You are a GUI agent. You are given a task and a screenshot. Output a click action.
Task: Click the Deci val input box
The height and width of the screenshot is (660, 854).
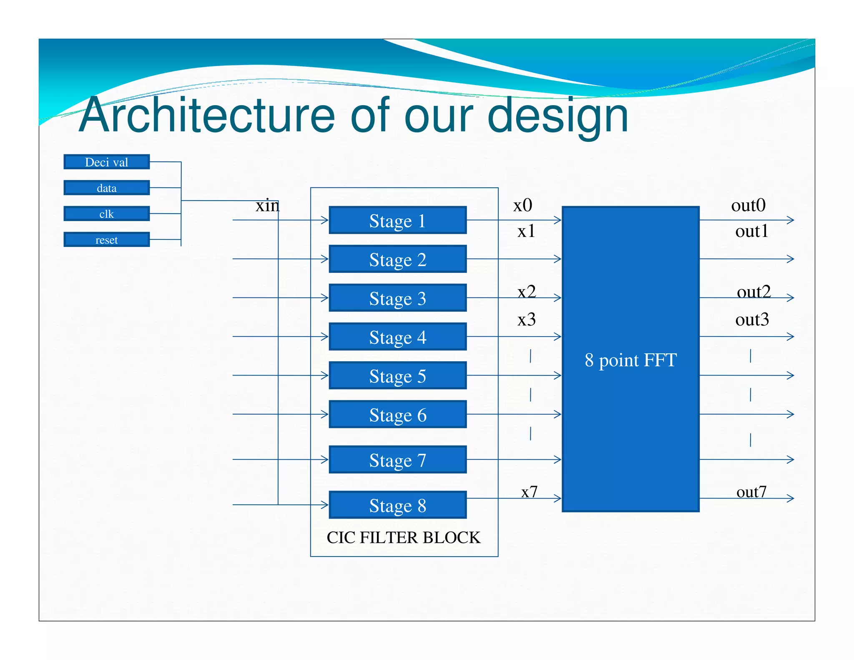(x=106, y=162)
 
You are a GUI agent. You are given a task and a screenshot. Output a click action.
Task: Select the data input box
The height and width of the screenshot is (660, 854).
(x=106, y=188)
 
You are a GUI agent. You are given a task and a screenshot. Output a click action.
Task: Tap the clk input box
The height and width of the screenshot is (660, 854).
(x=106, y=214)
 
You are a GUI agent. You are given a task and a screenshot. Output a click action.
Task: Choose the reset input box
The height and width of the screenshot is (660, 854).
(x=106, y=239)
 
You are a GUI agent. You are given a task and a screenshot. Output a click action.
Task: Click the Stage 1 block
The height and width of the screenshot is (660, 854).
(x=397, y=220)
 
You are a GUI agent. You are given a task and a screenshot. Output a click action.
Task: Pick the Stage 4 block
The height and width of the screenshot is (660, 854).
(x=397, y=337)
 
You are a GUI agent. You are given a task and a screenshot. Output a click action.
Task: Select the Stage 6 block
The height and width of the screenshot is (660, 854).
(x=397, y=414)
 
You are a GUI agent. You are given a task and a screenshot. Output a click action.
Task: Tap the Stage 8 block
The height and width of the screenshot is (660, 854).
(x=397, y=505)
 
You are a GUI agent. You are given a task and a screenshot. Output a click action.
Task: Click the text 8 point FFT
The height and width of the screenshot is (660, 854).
(x=630, y=360)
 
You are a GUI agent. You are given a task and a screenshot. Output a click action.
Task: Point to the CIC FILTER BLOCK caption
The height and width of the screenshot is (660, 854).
(x=403, y=537)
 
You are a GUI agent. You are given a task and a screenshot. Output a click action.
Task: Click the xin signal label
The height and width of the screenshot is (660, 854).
(x=267, y=205)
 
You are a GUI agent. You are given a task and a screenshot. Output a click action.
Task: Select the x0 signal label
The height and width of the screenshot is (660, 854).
(x=522, y=205)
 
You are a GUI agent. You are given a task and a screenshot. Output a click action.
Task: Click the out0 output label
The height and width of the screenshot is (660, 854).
(x=748, y=205)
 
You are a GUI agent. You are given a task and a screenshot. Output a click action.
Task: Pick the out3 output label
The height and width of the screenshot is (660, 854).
(x=752, y=319)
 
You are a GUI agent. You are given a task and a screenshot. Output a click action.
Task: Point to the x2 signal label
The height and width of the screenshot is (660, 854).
(x=526, y=291)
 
